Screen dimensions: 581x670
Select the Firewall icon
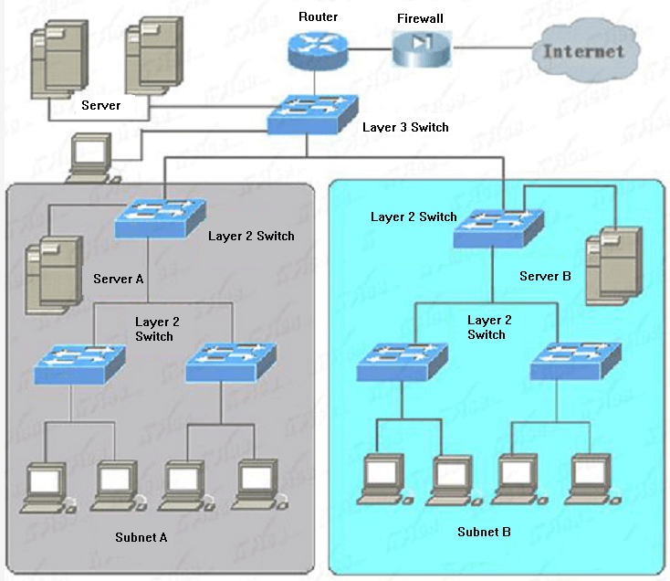[423, 47]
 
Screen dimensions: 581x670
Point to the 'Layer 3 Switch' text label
[405, 127]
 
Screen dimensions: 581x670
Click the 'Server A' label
[119, 279]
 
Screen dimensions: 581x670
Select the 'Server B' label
[545, 275]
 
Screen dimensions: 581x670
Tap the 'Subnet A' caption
[141, 537]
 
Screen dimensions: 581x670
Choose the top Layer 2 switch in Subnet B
[498, 227]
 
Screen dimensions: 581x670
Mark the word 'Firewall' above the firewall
[420, 17]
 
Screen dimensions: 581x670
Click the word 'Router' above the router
[318, 16]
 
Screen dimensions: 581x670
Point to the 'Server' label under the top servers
[100, 105]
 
